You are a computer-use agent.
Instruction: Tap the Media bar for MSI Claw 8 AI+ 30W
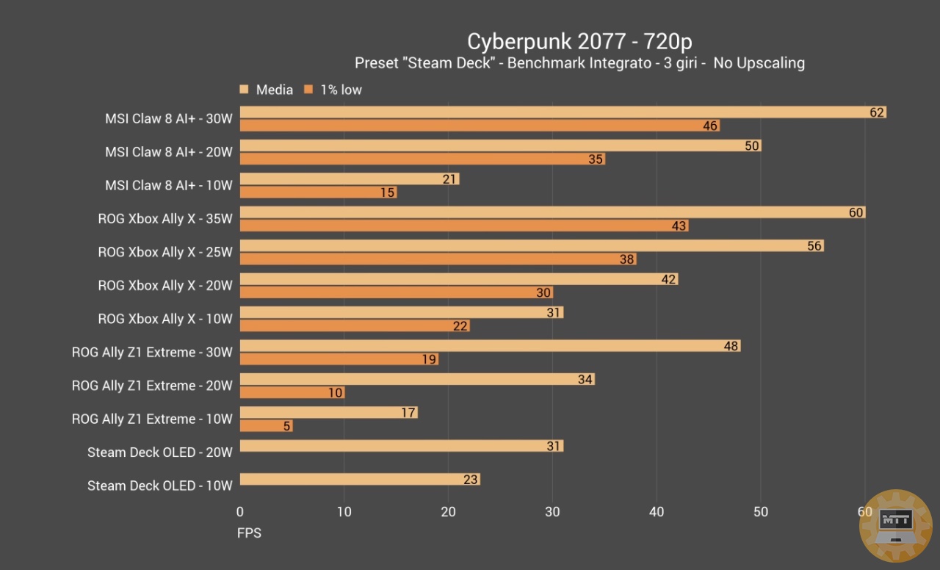(558, 112)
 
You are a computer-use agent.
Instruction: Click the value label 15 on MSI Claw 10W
(388, 192)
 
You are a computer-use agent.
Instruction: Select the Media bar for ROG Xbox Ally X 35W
(551, 212)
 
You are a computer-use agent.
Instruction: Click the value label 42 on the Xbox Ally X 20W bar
(668, 279)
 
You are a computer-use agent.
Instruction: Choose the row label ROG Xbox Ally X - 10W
(165, 319)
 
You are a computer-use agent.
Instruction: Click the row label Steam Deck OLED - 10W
(159, 486)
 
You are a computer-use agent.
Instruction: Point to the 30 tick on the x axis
(553, 512)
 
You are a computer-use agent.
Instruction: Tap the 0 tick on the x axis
(240, 512)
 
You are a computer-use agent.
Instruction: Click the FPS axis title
(249, 533)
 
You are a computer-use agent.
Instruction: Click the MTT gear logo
(895, 526)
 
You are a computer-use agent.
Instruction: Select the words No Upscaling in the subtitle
(759, 63)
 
